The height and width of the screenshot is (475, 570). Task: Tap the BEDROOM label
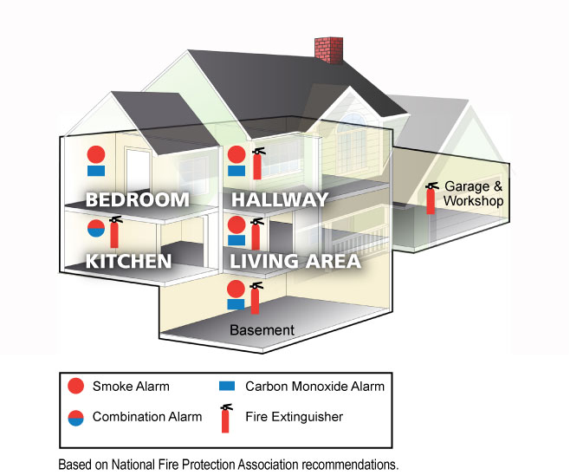(137, 199)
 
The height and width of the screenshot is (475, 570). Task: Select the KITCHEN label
(127, 260)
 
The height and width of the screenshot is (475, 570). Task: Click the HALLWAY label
(280, 199)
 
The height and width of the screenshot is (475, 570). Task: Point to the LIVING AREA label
(295, 260)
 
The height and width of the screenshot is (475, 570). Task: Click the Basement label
(262, 330)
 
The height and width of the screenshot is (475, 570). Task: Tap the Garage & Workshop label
(473, 194)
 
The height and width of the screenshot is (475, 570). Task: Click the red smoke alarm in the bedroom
(95, 155)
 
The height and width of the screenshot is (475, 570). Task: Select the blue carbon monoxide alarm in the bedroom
(95, 171)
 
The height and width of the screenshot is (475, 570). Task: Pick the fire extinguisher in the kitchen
(114, 231)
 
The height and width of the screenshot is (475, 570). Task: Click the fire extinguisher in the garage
(431, 198)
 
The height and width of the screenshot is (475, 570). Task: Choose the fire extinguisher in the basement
(255, 298)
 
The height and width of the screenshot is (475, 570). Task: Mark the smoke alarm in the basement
(235, 288)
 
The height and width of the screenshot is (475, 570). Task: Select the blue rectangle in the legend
(228, 386)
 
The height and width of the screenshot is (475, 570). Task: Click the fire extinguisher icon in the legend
(227, 418)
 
